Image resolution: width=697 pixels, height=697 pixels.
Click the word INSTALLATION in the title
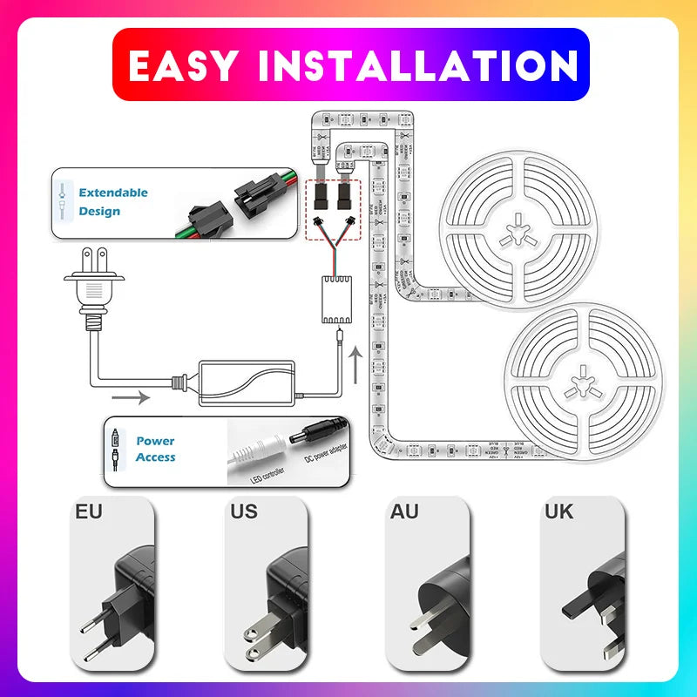click(x=416, y=65)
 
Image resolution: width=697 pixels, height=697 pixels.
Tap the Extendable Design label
click(x=113, y=201)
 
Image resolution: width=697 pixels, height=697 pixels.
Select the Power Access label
click(x=155, y=449)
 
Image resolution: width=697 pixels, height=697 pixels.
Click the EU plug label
click(x=89, y=511)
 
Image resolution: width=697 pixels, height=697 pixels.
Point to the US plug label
click(x=245, y=511)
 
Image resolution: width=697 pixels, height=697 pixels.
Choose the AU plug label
click(x=405, y=511)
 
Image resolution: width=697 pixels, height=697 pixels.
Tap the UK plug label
click(x=558, y=511)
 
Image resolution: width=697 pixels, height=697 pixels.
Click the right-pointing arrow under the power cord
click(x=131, y=398)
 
